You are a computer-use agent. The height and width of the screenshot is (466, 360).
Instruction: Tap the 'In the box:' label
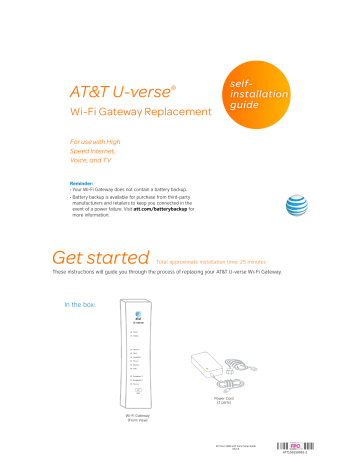pos(81,304)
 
